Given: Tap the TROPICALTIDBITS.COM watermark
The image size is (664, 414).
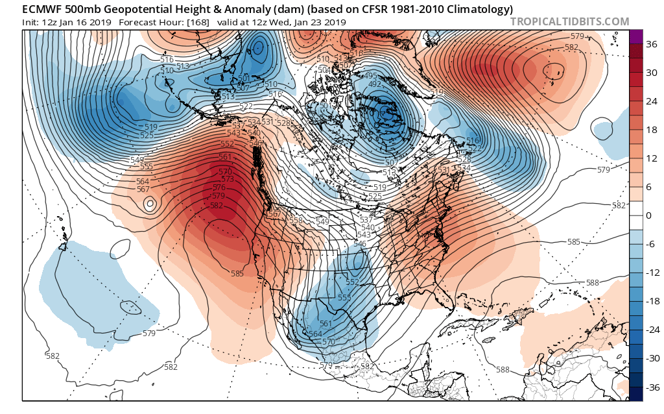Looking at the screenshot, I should point(569,21).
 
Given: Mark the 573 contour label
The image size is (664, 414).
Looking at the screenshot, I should point(228,178).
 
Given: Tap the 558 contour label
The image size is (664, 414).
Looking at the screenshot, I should point(296,221).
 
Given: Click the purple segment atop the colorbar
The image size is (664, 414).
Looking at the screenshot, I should point(636,36).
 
